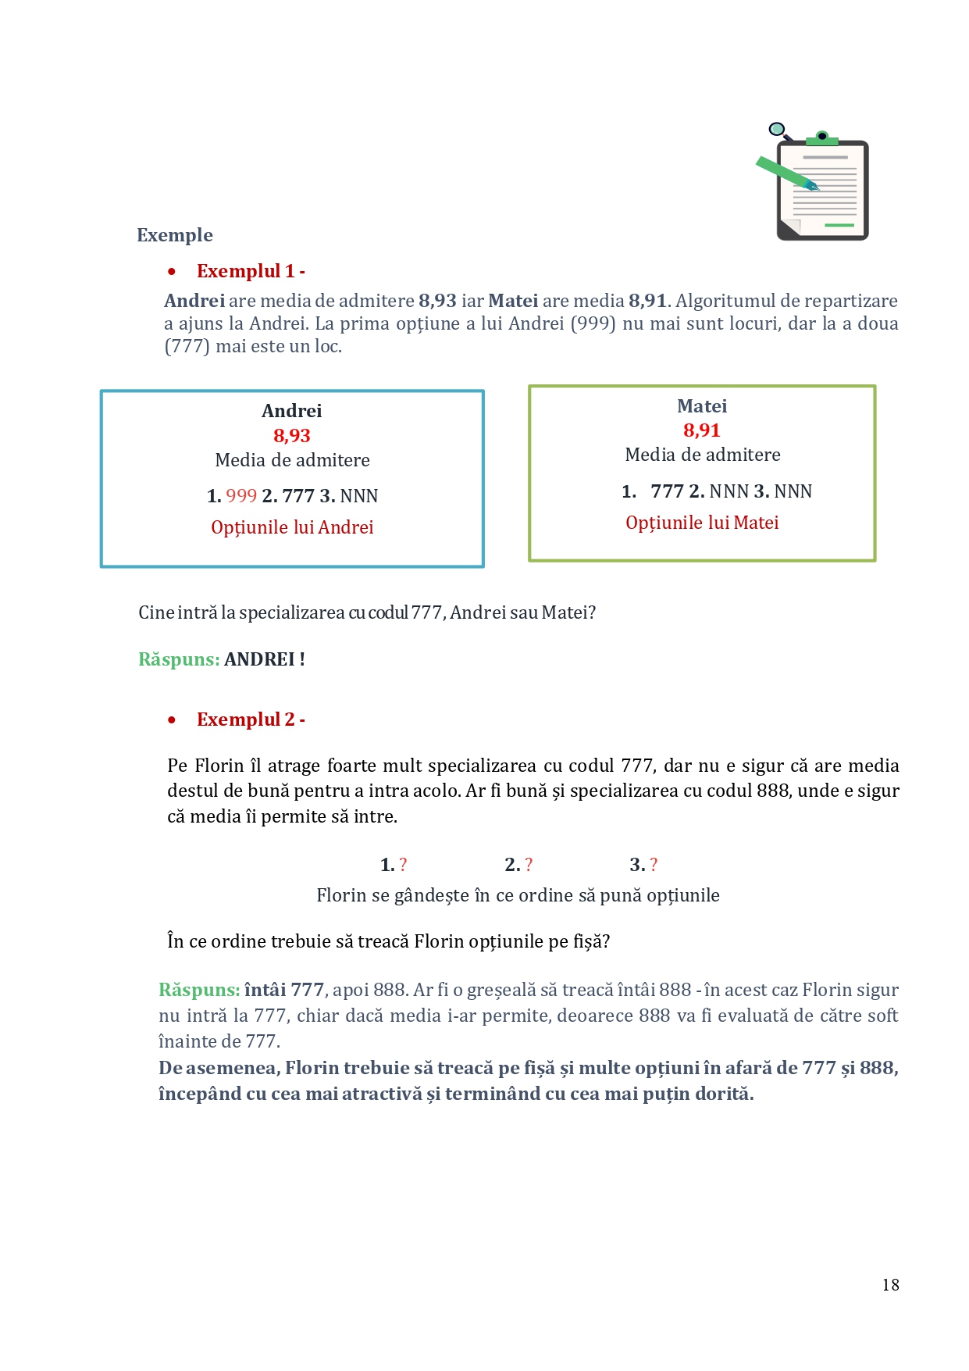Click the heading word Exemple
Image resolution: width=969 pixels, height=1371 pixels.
click(175, 235)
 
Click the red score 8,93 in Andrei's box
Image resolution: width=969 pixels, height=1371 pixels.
click(292, 436)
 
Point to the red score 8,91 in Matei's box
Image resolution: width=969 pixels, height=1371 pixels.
click(702, 430)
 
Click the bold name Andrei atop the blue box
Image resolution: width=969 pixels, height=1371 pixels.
click(292, 411)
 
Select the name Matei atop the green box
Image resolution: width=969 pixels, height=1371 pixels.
click(702, 406)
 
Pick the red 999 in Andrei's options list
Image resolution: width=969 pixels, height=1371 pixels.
click(241, 496)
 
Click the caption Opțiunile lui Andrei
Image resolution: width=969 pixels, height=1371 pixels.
click(292, 527)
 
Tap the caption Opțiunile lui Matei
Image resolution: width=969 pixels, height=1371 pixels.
click(702, 523)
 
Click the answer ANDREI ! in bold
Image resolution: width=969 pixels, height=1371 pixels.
click(264, 659)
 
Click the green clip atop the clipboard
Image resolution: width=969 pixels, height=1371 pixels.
click(821, 139)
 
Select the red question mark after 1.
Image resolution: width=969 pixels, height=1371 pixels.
click(403, 865)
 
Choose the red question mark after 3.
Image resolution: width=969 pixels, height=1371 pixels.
click(654, 865)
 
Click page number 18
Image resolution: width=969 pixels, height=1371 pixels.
click(890, 1285)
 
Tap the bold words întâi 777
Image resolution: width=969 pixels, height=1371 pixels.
click(284, 990)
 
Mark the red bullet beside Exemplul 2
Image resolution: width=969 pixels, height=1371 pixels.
click(172, 719)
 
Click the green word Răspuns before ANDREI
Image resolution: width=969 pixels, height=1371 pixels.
click(179, 659)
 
